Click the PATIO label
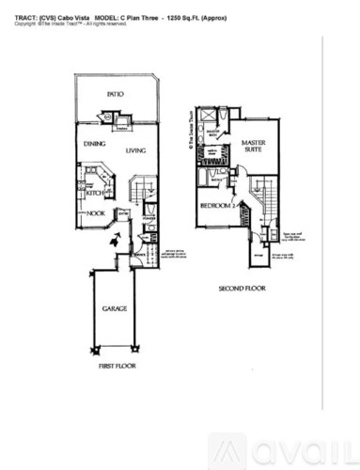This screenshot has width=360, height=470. [x=115, y=96]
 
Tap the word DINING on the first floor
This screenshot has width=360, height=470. [x=94, y=144]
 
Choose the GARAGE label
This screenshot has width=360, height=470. [x=115, y=308]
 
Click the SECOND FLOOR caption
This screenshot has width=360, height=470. [x=239, y=289]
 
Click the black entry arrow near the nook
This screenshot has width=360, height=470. [x=114, y=241]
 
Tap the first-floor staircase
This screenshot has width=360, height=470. [x=139, y=193]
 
